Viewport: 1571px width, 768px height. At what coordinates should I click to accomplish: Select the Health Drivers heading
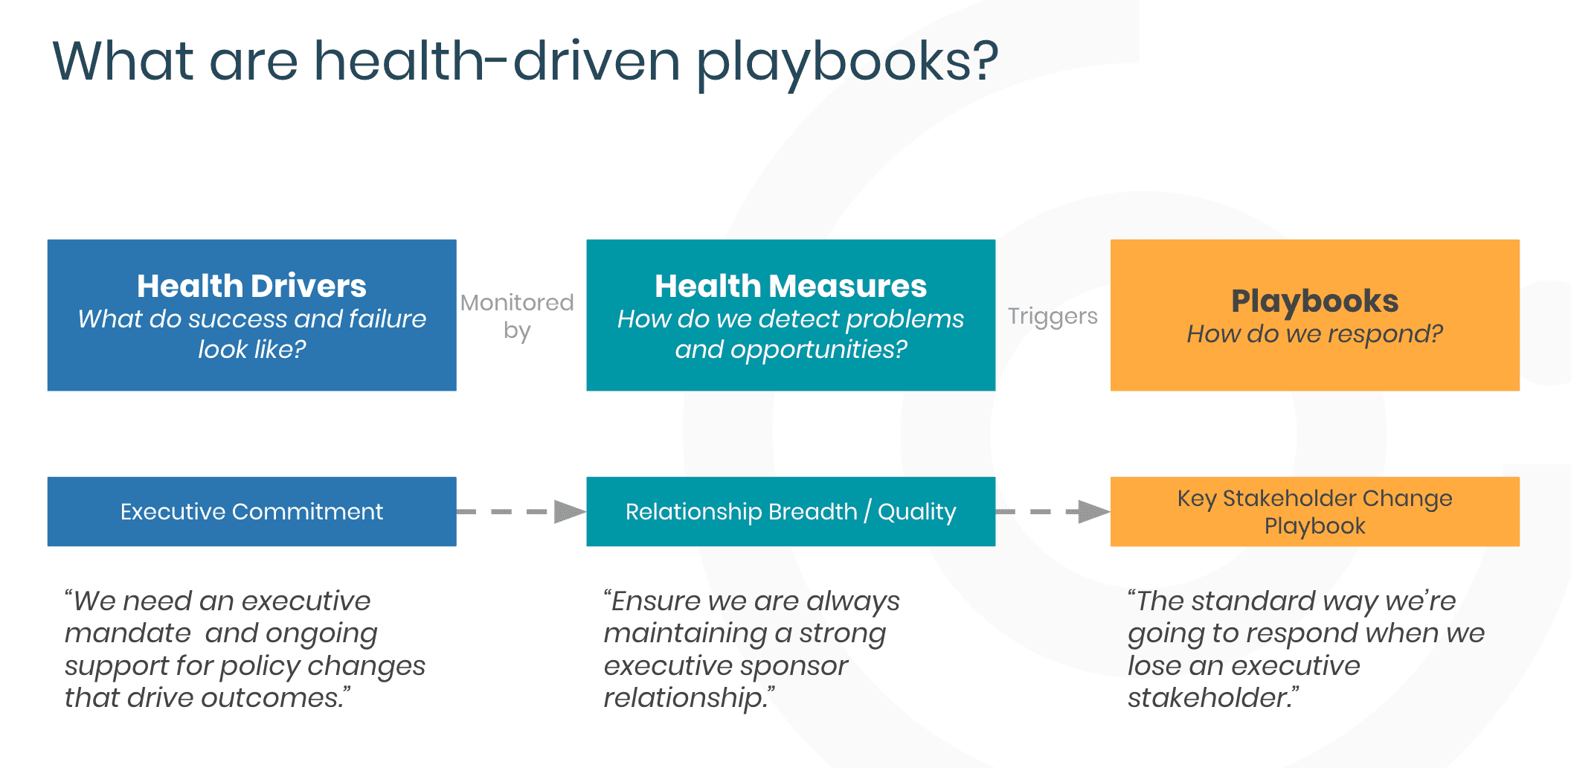(x=251, y=286)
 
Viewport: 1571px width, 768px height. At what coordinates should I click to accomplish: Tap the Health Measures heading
(x=791, y=286)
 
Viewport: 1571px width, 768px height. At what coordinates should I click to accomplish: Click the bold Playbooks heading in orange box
(x=1314, y=301)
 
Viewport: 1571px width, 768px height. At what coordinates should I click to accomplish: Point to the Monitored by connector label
(x=517, y=316)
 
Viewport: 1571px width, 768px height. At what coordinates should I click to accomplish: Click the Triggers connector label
(x=1053, y=316)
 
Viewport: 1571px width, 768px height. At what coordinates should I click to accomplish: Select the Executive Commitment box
(x=251, y=511)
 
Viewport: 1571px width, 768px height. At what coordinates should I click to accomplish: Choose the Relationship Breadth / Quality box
(x=791, y=511)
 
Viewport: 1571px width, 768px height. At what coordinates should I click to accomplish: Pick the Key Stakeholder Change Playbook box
(x=1314, y=511)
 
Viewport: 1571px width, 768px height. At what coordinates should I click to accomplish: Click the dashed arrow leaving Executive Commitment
(x=521, y=511)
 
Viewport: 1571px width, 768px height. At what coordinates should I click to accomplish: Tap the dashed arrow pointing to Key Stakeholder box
(x=1053, y=511)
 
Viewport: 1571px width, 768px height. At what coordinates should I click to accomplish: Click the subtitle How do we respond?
(x=1314, y=334)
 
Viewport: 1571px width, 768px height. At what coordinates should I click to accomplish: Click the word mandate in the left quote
(x=128, y=633)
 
